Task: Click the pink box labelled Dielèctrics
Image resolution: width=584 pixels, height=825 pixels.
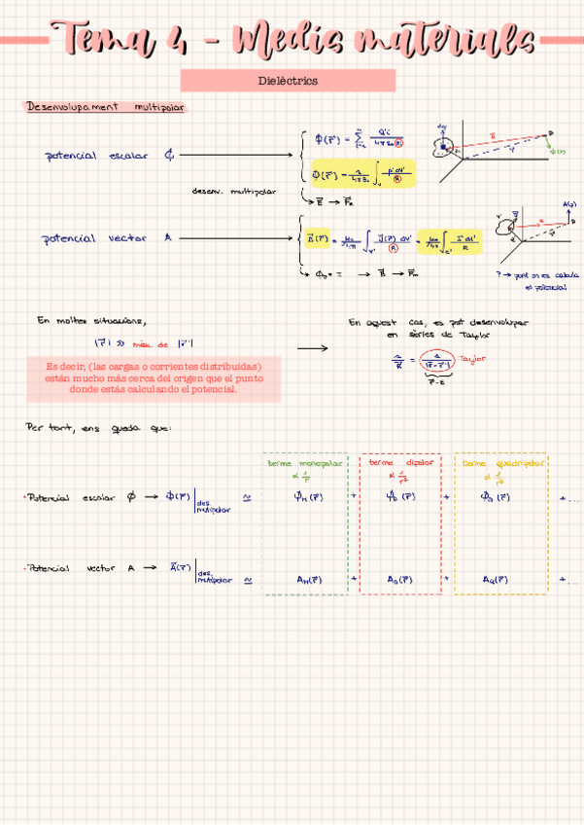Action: (x=289, y=81)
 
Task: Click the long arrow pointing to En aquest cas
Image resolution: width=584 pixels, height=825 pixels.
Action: (x=312, y=346)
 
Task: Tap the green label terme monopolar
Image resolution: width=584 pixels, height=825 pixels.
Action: (x=304, y=463)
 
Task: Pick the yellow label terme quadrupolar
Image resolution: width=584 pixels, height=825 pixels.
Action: (x=502, y=463)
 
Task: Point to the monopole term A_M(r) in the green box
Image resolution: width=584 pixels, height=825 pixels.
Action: (x=310, y=579)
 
